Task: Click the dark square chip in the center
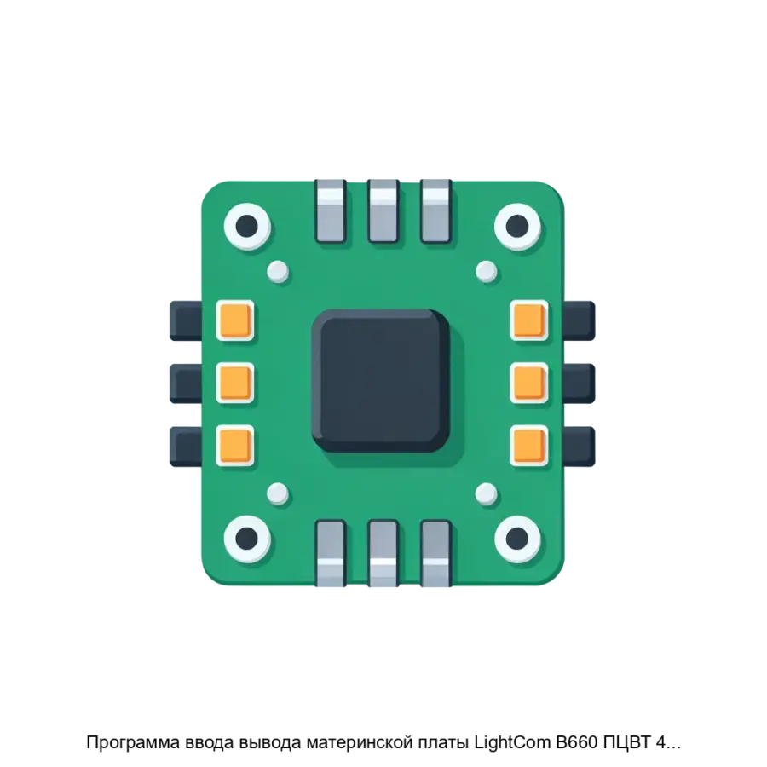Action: tap(381, 380)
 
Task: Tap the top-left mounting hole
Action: tap(247, 226)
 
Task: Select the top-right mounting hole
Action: tap(517, 226)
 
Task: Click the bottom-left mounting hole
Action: tap(247, 539)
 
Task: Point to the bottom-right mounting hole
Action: tap(517, 539)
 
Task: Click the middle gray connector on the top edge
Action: tap(383, 210)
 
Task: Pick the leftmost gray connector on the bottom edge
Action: tap(332, 553)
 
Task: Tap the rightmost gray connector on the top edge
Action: tap(435, 210)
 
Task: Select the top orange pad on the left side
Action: tap(235, 320)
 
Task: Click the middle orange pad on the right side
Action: tap(528, 383)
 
